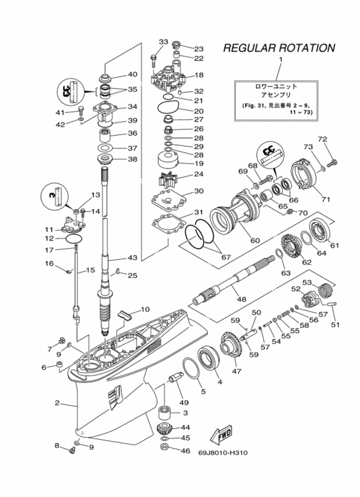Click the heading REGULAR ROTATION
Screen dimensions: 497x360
click(x=278, y=48)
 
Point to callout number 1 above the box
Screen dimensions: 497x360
click(x=281, y=60)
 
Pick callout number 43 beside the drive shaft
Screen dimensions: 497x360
click(x=132, y=258)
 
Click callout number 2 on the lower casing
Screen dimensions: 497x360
click(x=57, y=403)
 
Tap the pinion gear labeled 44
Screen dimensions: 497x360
click(x=165, y=429)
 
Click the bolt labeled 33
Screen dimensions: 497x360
click(x=153, y=60)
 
